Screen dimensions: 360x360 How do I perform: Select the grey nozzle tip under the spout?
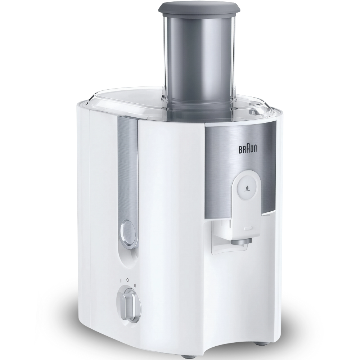tap(241, 241)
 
